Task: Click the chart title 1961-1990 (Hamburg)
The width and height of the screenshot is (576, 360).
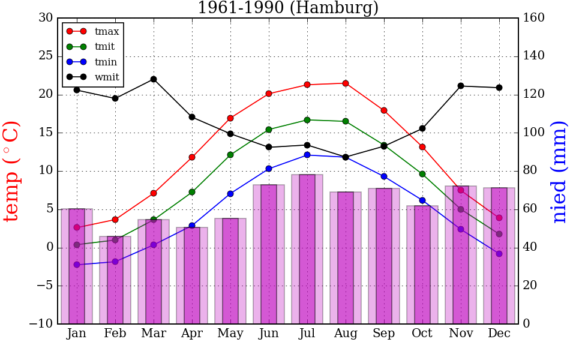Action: (x=288, y=8)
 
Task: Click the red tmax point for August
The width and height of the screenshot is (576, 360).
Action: (x=346, y=83)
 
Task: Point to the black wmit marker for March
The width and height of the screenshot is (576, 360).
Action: (x=154, y=79)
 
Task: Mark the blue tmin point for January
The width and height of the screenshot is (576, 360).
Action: (x=77, y=265)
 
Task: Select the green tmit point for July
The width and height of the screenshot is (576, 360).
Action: (x=307, y=120)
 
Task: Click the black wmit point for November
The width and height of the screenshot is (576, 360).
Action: (x=461, y=86)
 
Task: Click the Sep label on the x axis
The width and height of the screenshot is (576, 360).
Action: (x=384, y=334)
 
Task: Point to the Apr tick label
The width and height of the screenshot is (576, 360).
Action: (x=192, y=334)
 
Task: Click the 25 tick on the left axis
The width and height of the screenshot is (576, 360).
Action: (x=46, y=56)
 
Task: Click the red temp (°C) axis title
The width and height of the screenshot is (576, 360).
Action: (x=12, y=171)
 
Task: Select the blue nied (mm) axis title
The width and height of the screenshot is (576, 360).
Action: (x=559, y=171)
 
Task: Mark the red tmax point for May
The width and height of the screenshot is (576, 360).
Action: (x=230, y=118)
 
